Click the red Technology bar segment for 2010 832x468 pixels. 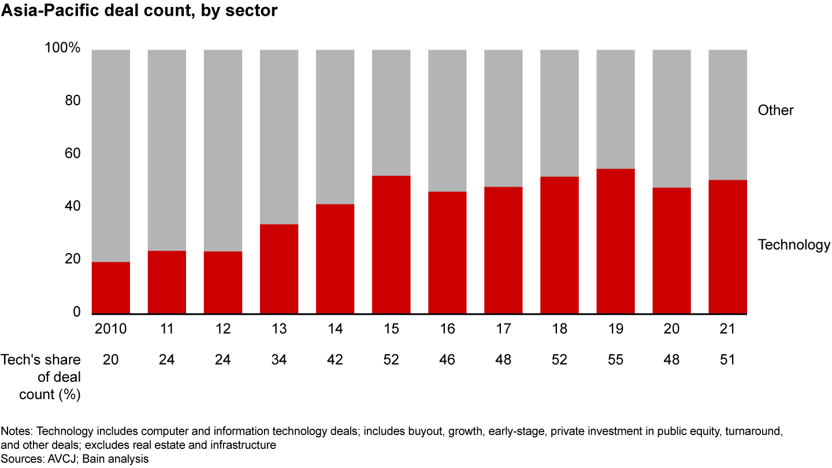tap(111, 288)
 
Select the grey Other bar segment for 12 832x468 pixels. tap(223, 150)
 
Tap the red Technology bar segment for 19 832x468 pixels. tap(615, 242)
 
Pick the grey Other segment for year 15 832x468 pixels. tap(391, 113)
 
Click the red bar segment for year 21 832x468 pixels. tap(727, 247)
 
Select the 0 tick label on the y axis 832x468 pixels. tap(76, 312)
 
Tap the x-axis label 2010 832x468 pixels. tap(111, 329)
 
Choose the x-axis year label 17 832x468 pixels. tap(503, 329)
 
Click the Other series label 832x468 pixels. tap(775, 110)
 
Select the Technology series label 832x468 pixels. tap(794, 244)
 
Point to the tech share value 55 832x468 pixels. tap(615, 359)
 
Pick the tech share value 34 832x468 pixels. tap(279, 359)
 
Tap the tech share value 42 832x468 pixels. tap(335, 359)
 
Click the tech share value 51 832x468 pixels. tap(727, 359)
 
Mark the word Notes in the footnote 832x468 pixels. tap(13, 431)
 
